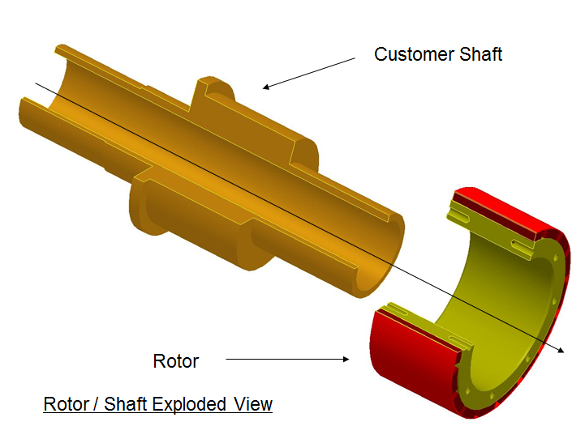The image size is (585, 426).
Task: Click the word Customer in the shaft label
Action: coord(414,54)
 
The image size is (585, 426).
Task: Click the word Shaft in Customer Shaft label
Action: coord(480,54)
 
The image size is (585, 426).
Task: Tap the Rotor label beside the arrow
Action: coord(176,361)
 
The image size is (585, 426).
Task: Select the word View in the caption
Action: coord(253,404)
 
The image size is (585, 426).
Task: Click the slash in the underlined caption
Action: coord(97,404)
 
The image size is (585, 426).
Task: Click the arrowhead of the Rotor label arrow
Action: coord(346,359)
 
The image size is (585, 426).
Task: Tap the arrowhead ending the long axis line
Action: coord(561,350)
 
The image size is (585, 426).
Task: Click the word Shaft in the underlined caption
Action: coord(125,404)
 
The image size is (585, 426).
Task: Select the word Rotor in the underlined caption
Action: coord(67,404)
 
